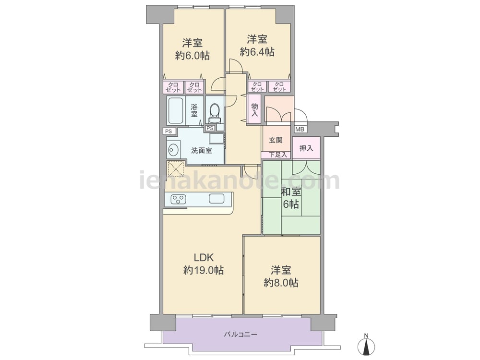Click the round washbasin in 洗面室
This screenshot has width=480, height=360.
coord(174,150)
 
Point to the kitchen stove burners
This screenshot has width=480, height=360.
coord(178,199)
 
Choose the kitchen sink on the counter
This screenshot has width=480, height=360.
coord(216,198)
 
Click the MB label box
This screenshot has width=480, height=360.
coord(300,130)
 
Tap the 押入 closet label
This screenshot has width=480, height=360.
coord(306,148)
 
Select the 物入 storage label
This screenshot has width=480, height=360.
coord(255,109)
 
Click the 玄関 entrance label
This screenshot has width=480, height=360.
coord(276,140)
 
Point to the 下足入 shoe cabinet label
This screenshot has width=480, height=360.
coord(278,155)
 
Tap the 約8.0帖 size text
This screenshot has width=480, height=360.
coord(281,283)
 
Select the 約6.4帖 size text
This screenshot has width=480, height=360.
coord(257,52)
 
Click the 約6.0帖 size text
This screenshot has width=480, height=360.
coord(192,55)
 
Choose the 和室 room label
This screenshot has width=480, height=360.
coord(291,192)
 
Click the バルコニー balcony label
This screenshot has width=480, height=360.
coord(240,335)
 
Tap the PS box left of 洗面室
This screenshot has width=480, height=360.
coord(168,132)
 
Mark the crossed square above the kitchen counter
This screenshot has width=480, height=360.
coord(176,168)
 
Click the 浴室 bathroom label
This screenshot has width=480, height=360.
coord(194,110)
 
